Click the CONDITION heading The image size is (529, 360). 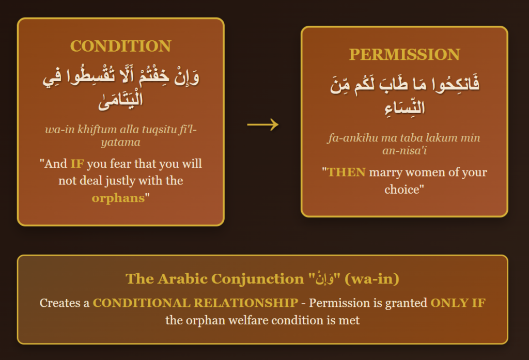coord(120,46)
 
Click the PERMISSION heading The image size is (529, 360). coord(404,55)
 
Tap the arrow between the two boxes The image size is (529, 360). coord(263,124)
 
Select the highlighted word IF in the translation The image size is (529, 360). coord(77,164)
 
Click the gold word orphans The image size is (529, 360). coord(118,198)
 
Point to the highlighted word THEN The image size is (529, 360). coord(347,172)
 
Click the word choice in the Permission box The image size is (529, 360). coord(401,189)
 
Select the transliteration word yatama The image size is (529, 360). coord(120,143)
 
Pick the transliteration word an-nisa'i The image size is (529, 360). coord(404,150)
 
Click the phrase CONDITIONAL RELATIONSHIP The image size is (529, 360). coord(195,303)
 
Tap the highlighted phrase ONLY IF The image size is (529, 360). coord(458,303)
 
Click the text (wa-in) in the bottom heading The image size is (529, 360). coord(372,279)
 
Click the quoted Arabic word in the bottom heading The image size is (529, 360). coord(324,279)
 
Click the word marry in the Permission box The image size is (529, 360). coord(385,173)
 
